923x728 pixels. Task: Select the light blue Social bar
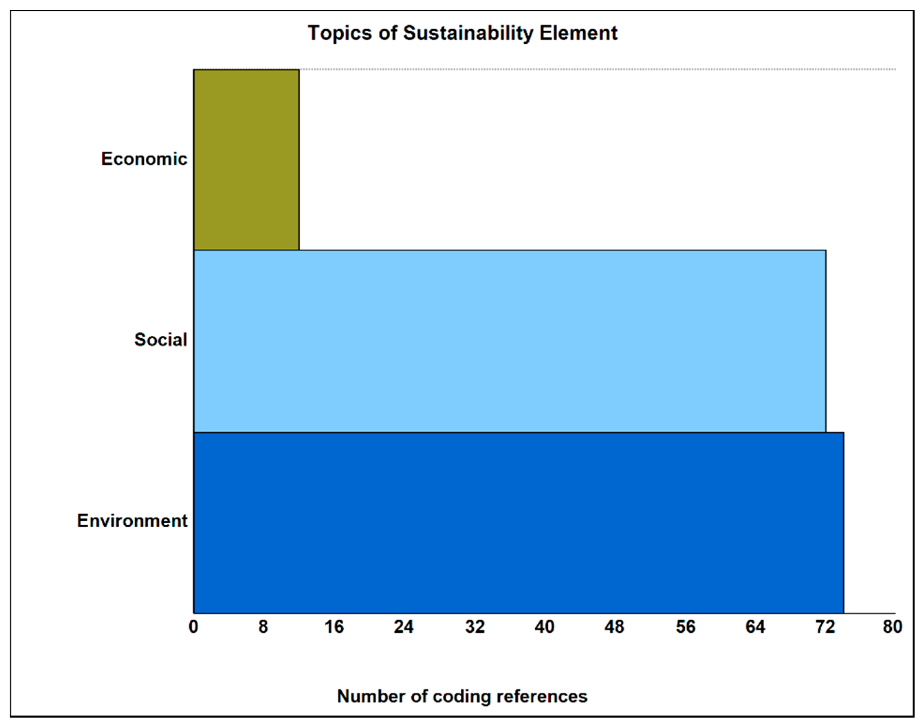click(x=509, y=341)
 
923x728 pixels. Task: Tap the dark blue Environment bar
click(x=518, y=523)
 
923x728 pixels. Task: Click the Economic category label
click(x=144, y=159)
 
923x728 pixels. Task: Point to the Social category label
click(x=161, y=340)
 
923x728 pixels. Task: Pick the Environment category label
click(x=132, y=521)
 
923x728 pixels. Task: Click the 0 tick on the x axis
click(x=194, y=627)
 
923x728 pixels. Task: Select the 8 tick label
click(x=263, y=627)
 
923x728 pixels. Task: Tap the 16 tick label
click(x=333, y=627)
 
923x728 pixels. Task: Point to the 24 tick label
click(x=403, y=627)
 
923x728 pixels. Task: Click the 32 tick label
click(x=474, y=627)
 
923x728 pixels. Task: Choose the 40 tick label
click(x=544, y=627)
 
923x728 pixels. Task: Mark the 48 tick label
click(x=614, y=627)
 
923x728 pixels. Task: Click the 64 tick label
click(x=755, y=627)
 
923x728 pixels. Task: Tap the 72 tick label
click(x=825, y=627)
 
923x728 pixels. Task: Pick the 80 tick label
click(x=892, y=627)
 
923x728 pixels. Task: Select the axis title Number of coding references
click(x=462, y=696)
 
